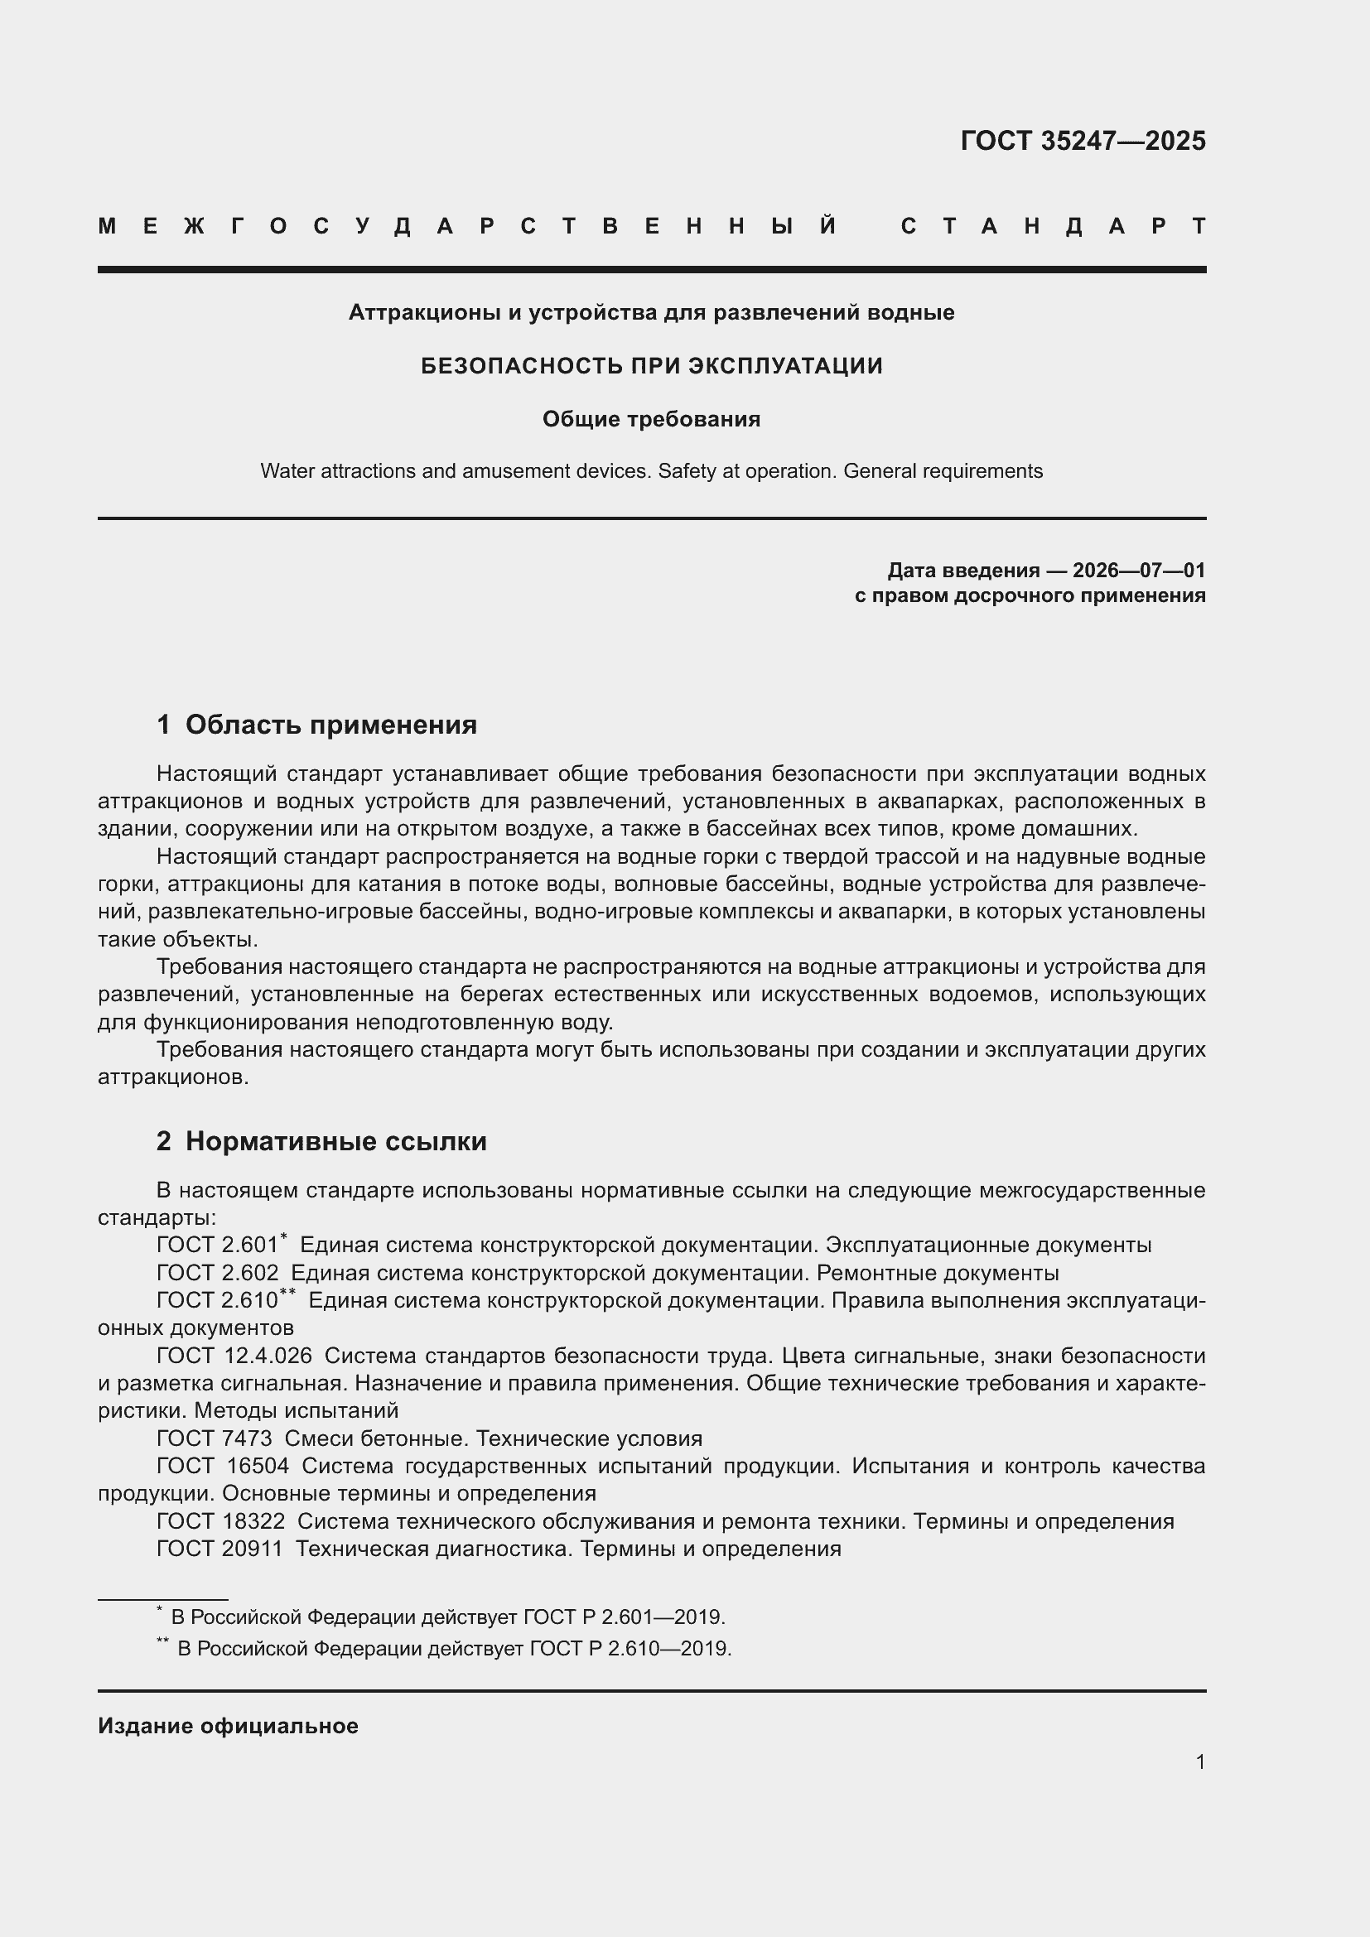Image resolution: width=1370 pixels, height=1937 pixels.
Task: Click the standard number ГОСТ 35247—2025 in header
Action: (1083, 141)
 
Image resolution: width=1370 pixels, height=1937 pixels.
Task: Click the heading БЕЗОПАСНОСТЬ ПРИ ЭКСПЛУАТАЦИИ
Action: (651, 366)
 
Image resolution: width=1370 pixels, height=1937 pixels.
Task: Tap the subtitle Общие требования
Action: (651, 419)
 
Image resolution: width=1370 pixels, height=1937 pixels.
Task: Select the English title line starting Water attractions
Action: (651, 470)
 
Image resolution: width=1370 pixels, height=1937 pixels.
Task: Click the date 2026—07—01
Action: (1139, 571)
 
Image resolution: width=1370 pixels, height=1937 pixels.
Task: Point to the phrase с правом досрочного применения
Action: (1030, 595)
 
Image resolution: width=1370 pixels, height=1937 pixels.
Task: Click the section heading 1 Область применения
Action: (316, 725)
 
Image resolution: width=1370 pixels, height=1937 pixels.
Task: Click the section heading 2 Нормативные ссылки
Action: (321, 1141)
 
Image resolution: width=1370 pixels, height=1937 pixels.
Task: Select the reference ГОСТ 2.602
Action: (217, 1273)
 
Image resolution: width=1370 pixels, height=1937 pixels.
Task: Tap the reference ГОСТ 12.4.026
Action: (234, 1356)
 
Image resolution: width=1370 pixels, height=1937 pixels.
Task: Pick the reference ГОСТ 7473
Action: (215, 1438)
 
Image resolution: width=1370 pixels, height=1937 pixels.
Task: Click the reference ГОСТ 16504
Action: (223, 1467)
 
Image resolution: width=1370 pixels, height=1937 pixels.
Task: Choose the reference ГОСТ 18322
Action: (220, 1521)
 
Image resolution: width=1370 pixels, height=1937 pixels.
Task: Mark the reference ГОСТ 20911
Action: (219, 1549)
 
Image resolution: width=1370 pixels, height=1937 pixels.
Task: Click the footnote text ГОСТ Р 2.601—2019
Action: (624, 1617)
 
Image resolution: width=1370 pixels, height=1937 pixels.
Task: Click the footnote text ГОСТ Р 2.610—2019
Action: (630, 1649)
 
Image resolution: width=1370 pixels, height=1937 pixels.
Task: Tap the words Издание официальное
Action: (228, 1726)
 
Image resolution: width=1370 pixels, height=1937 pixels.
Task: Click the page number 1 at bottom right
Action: (1199, 1761)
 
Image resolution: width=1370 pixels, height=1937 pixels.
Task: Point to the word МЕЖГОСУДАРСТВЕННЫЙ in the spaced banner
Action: (468, 226)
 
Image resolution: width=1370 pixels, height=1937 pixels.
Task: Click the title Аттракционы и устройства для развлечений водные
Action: (651, 313)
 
